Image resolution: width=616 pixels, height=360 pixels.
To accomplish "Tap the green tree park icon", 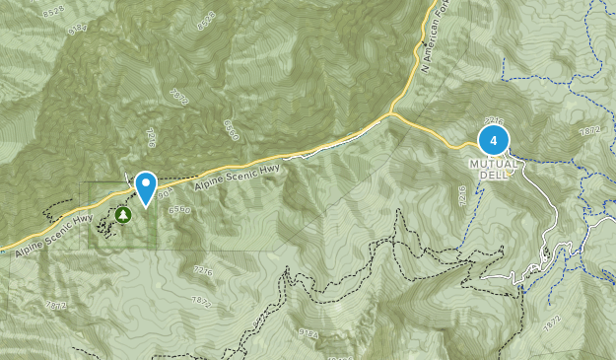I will point(122,213).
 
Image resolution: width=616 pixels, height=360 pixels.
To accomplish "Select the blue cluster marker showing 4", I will point(494,140).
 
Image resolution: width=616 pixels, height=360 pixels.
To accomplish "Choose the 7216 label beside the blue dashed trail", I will point(462,196).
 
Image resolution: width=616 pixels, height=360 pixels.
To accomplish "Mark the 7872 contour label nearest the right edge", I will point(592,131).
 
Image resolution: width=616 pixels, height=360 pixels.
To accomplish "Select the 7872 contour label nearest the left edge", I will point(55,307).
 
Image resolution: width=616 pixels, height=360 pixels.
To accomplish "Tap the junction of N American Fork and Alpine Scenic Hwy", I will point(392,113).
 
